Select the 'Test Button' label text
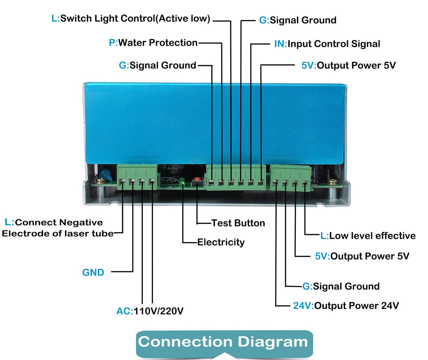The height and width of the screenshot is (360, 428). pyautogui.click(x=238, y=223)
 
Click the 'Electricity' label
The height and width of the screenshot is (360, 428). pyautogui.click(x=221, y=242)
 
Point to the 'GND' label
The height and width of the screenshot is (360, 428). pyautogui.click(x=93, y=272)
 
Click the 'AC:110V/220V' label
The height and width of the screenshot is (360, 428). pyautogui.click(x=150, y=311)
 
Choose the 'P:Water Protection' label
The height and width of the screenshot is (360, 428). pyautogui.click(x=153, y=43)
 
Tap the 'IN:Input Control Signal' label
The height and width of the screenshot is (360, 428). pyautogui.click(x=327, y=44)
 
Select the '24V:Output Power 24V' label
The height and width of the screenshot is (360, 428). pyautogui.click(x=346, y=305)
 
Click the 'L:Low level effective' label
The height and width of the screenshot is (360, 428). pyautogui.click(x=368, y=236)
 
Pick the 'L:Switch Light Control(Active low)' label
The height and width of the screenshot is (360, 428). pyautogui.click(x=131, y=19)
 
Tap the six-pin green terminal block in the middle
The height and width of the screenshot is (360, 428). pyautogui.click(x=236, y=177)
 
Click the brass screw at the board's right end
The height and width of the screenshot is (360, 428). pyautogui.click(x=331, y=182)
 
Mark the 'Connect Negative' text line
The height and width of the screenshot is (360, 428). pyautogui.click(x=54, y=223)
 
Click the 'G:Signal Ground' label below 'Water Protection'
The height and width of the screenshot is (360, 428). pyautogui.click(x=158, y=66)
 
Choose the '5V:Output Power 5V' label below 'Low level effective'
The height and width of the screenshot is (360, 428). pyautogui.click(x=362, y=256)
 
